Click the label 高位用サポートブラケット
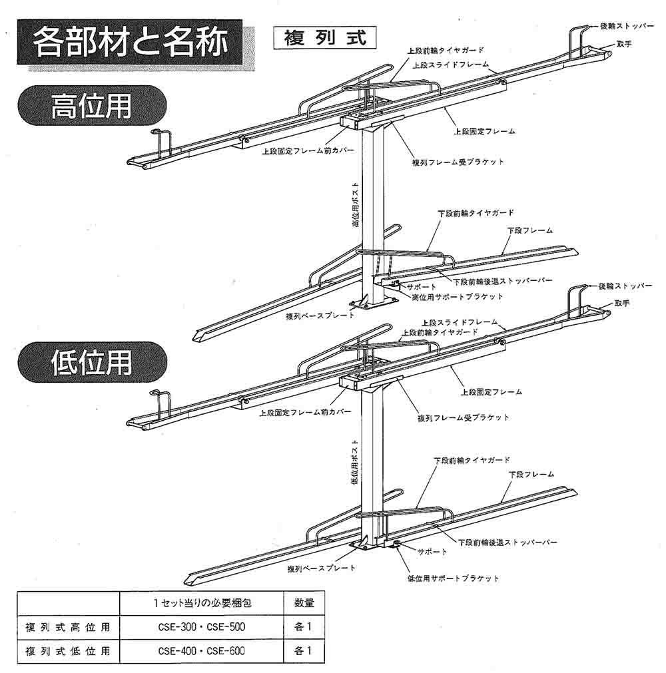[457, 296]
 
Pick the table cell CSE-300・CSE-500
[200, 626]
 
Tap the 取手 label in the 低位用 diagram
[622, 304]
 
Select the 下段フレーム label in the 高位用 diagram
[530, 230]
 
